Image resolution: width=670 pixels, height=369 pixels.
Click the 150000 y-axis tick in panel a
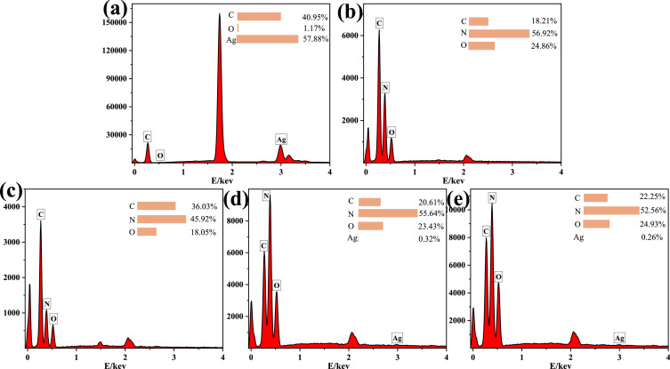tap(109, 22)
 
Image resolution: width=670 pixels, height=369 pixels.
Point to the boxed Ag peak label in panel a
tap(281, 140)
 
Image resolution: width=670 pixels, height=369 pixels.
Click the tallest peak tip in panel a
tap(220, 15)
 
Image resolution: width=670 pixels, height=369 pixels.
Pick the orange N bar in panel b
tap(499, 34)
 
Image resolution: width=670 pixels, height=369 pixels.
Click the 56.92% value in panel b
tap(551, 34)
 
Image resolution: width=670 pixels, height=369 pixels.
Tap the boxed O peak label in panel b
tap(392, 132)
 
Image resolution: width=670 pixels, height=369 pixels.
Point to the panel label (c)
tap(12, 191)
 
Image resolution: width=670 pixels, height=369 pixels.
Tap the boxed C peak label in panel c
tap(40, 213)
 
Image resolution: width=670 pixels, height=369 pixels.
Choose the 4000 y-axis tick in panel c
tap(12, 207)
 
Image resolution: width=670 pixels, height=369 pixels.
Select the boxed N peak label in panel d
tap(267, 196)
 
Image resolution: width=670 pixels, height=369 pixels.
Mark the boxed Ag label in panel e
tap(619, 338)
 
